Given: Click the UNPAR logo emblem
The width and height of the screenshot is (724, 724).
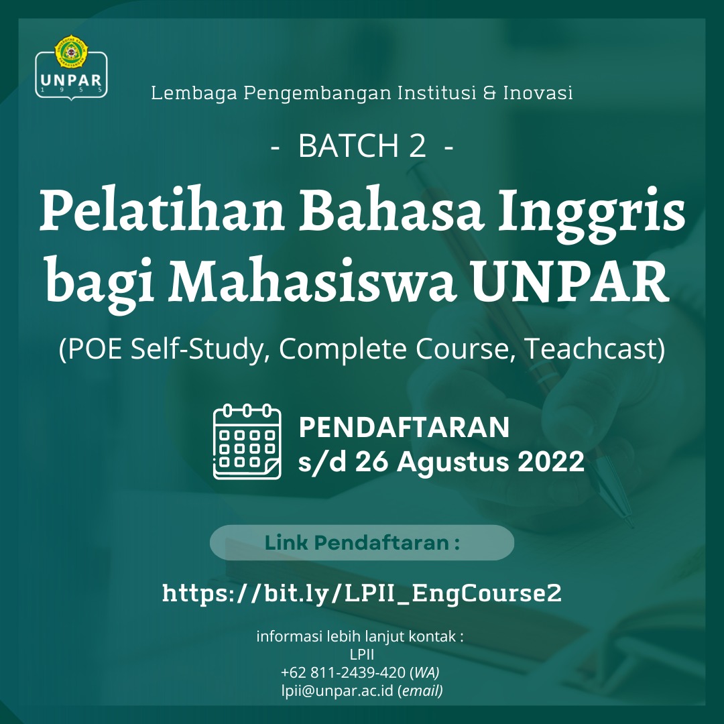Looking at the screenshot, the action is point(72,68).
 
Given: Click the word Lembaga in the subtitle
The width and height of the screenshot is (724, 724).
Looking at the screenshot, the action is point(194,93).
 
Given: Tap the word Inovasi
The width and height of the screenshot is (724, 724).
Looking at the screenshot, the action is point(538,93).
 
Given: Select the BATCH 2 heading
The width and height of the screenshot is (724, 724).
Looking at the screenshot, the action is point(362,146).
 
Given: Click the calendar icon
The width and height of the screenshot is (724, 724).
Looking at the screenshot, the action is point(247,442).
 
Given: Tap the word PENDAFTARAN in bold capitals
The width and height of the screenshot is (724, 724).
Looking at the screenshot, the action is point(404,427).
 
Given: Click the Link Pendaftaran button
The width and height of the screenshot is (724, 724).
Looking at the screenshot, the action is point(362,542).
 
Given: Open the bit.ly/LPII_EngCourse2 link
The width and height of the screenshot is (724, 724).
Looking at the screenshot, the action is point(362,594).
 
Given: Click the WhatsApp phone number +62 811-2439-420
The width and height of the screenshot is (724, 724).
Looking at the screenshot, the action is point(343,673).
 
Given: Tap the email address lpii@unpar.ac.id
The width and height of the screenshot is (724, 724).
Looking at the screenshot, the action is point(337,690).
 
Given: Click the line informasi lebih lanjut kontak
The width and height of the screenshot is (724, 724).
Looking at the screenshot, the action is point(360,637).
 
